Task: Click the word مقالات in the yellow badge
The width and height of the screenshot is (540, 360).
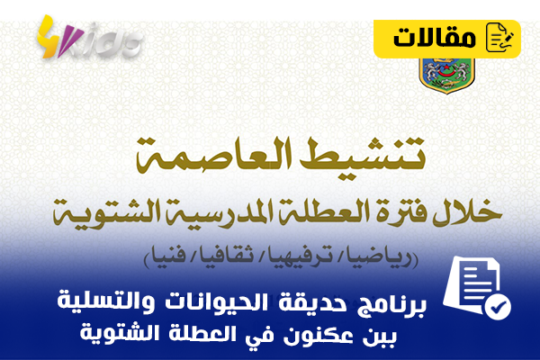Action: [435, 38]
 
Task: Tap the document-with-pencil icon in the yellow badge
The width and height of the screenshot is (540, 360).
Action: [499, 37]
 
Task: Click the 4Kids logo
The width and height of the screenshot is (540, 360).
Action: [88, 38]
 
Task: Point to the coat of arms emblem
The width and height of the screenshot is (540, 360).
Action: [447, 75]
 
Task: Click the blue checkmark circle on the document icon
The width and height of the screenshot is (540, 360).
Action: [498, 306]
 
